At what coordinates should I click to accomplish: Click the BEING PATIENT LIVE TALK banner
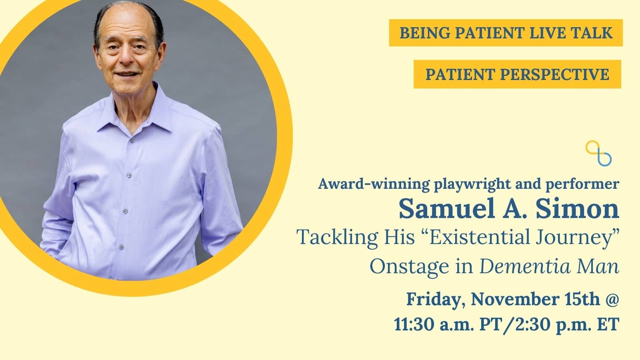pyautogui.click(x=506, y=32)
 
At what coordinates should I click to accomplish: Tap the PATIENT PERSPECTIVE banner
pyautogui.click(x=517, y=74)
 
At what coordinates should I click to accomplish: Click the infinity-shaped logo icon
pyautogui.click(x=598, y=153)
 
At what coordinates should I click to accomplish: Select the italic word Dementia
pyautogui.click(x=524, y=266)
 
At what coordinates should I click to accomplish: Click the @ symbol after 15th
pyautogui.click(x=612, y=300)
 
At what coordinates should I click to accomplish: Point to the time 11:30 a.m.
pyautogui.click(x=434, y=324)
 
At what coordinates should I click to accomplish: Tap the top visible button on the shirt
pyautogui.click(x=132, y=140)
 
